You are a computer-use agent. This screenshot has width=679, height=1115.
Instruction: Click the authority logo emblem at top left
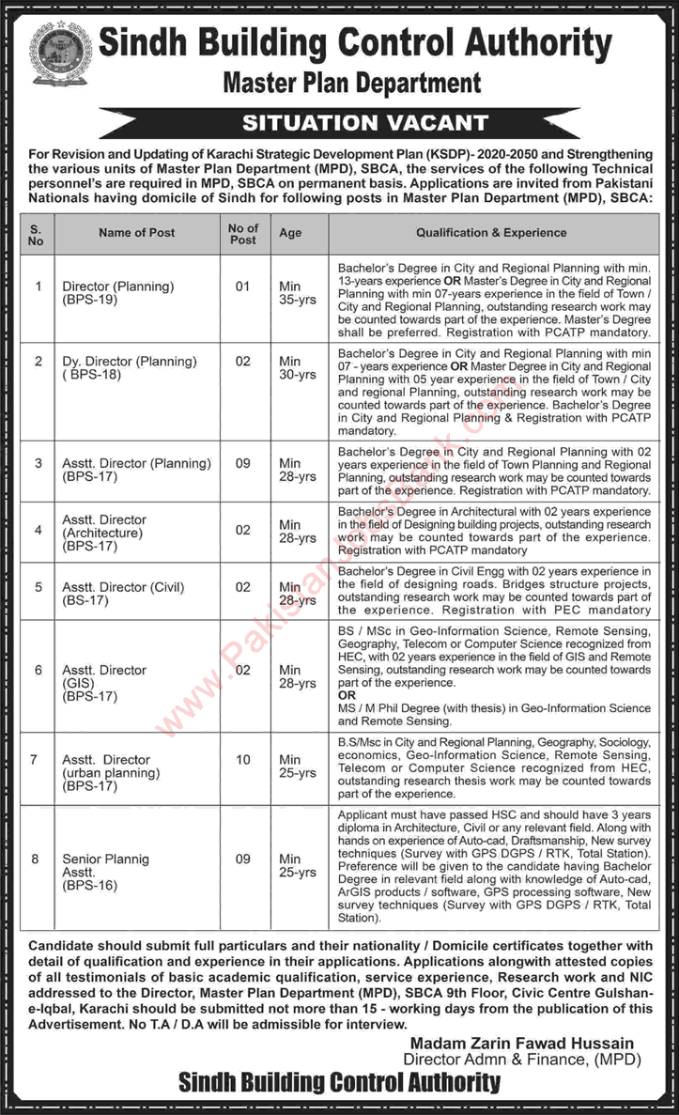coord(61,54)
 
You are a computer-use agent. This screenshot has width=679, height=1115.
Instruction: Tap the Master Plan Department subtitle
coord(352,84)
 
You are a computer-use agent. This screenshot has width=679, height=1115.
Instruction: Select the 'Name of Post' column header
coord(136,233)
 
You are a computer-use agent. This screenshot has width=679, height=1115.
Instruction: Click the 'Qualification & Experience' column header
coord(491,233)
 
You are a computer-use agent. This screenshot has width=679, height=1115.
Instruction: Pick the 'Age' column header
coord(289,233)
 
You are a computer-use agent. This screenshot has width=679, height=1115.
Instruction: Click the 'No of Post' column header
coord(242,233)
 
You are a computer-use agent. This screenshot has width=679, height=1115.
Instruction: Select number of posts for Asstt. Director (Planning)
coord(242,463)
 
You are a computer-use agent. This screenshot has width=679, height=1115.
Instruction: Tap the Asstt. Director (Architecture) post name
coord(104,532)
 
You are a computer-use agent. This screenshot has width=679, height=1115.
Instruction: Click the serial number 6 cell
coord(38,670)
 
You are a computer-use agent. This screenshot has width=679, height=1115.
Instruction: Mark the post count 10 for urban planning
coord(242,759)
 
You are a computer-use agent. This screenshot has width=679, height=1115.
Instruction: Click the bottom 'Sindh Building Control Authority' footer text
coord(339,1083)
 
